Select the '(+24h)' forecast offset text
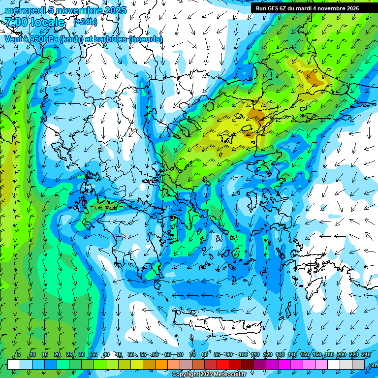pyautogui.click(x=86, y=22)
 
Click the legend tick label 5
pyautogui.click(x=19, y=355)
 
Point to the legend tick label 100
pyautogui.click(x=243, y=355)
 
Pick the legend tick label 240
pyautogui.click(x=366, y=355)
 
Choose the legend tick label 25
pyautogui.click(x=69, y=355)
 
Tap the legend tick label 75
pyautogui.click(x=192, y=355)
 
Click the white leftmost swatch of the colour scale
pyautogui.click(x=14, y=365)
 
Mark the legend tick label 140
pyautogui.click(x=292, y=355)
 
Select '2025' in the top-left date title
pyautogui.click(x=116, y=10)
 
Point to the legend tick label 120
pyautogui.click(x=268, y=355)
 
